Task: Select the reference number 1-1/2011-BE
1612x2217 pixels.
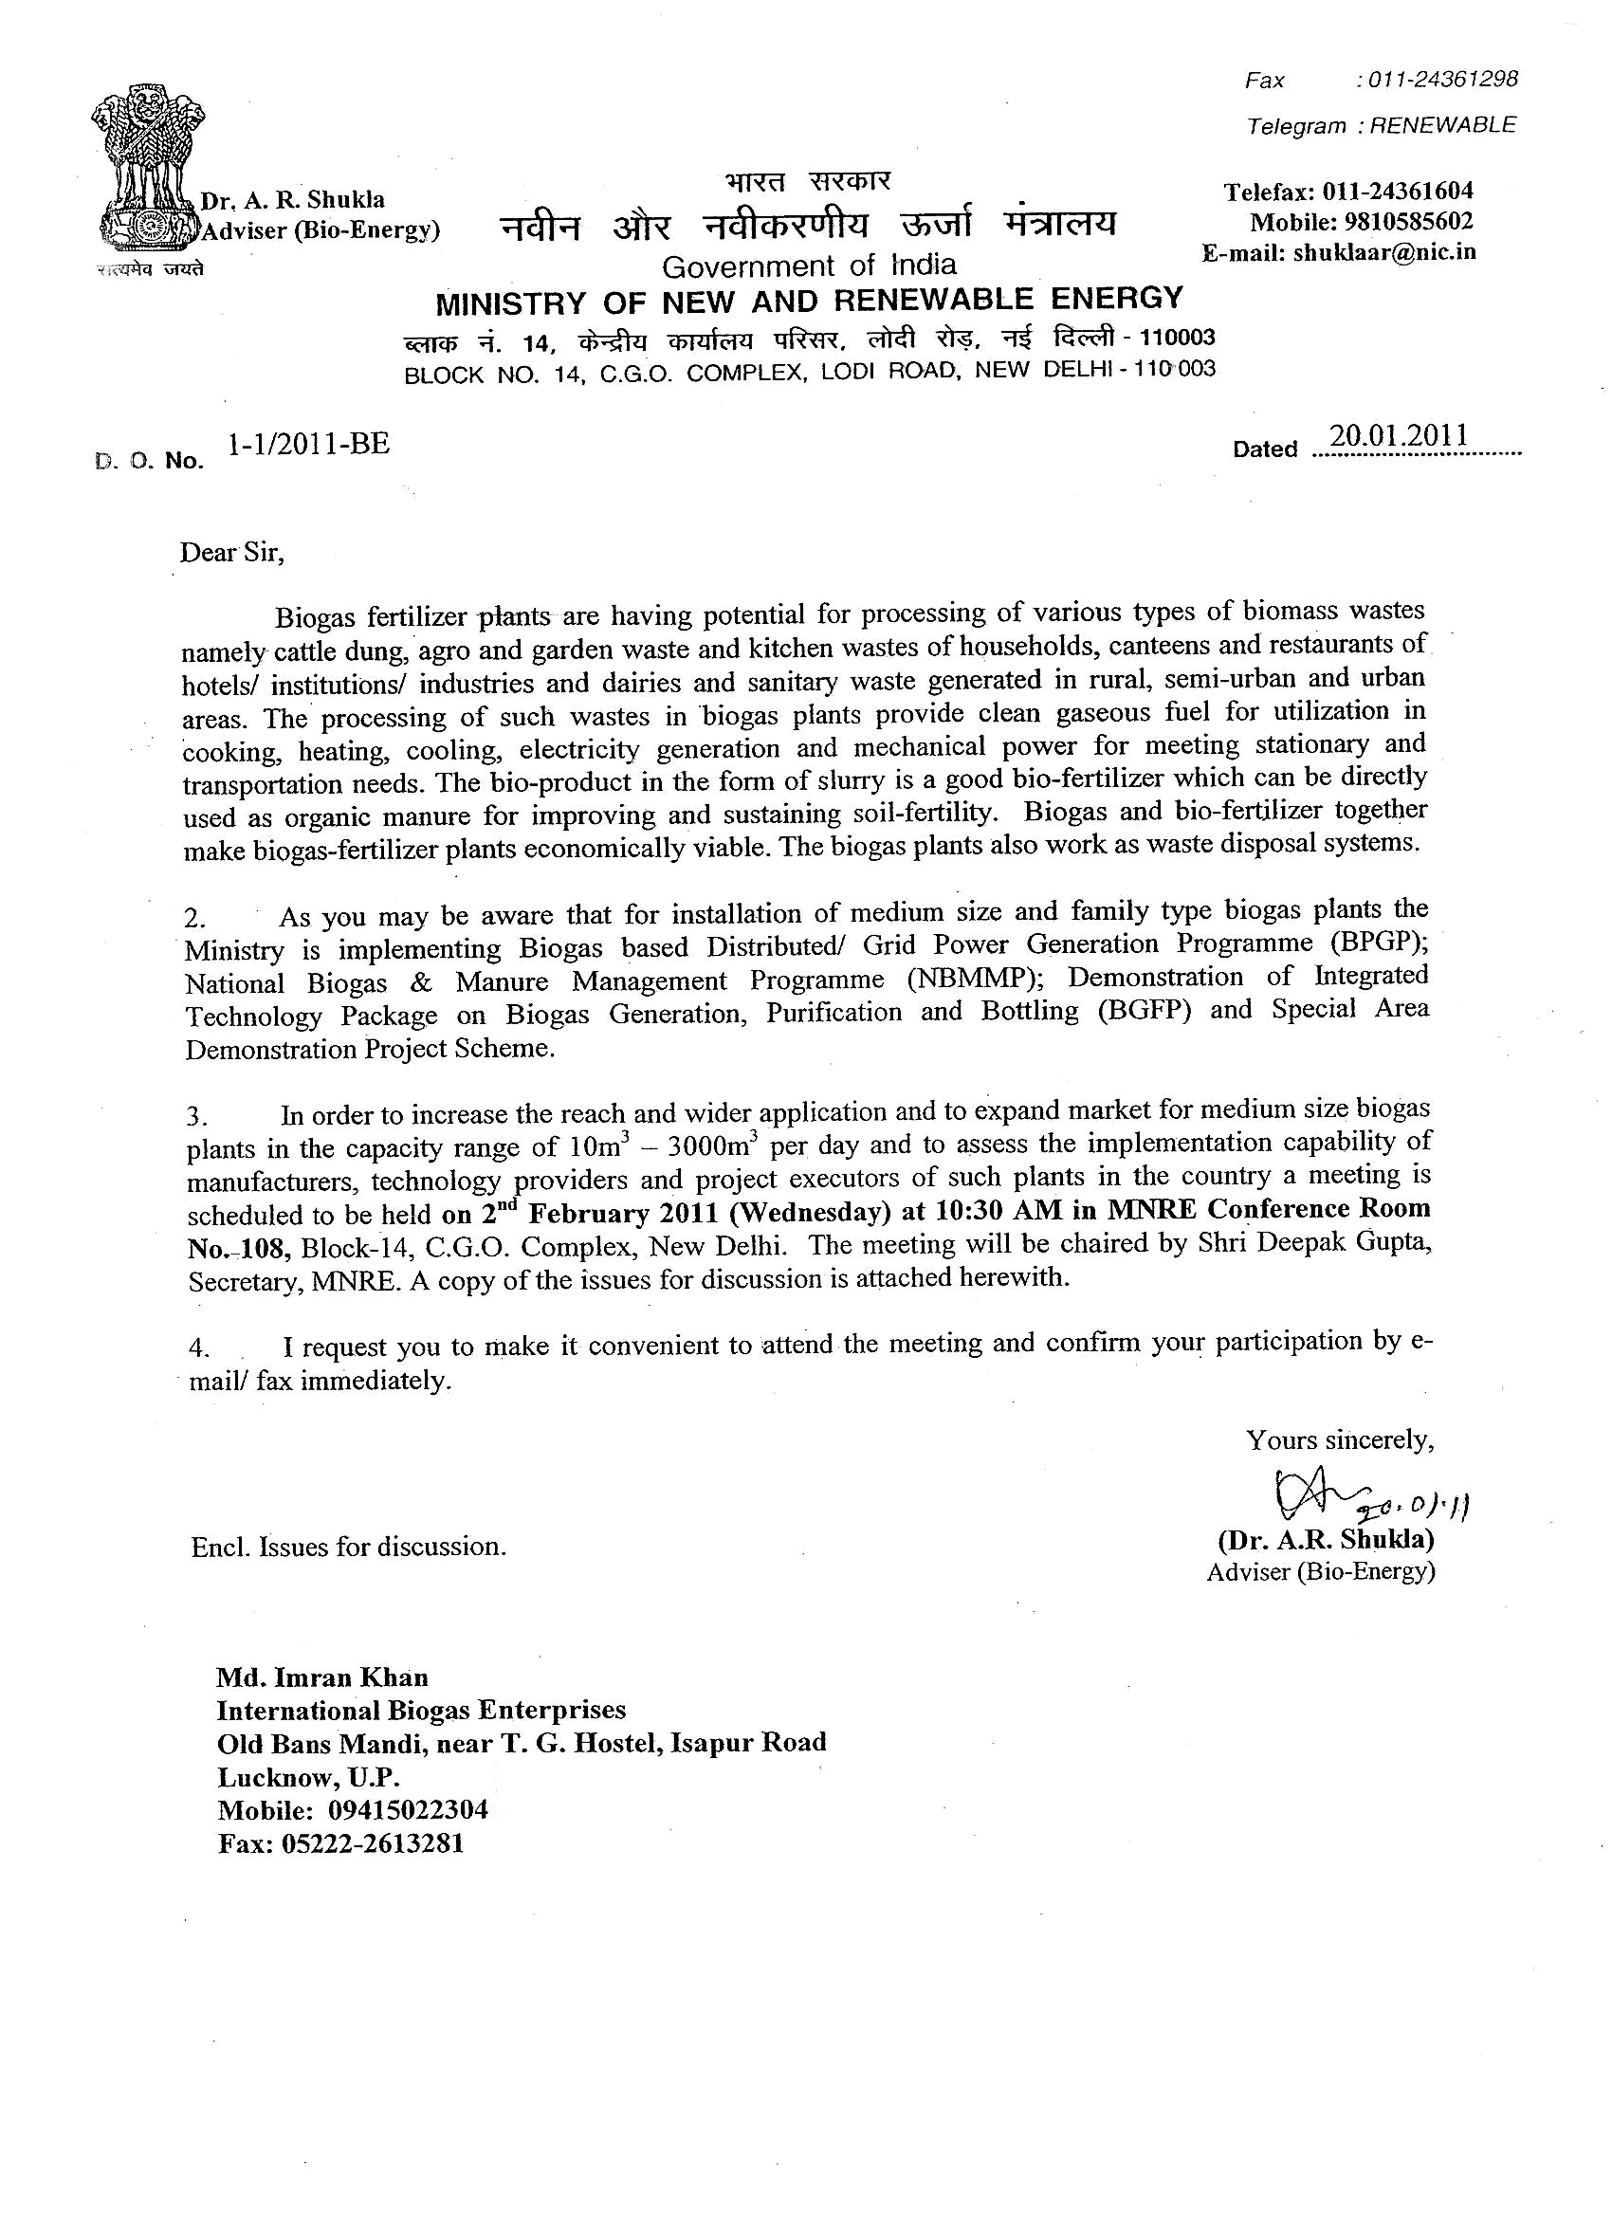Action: tap(308, 445)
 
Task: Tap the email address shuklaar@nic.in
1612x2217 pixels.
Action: tap(1384, 252)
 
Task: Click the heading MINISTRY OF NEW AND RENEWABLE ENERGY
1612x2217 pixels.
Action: tap(809, 300)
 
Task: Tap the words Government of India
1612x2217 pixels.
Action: tap(809, 266)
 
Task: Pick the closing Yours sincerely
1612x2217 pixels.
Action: tap(1339, 1439)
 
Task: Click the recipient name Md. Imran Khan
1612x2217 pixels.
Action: tap(322, 1678)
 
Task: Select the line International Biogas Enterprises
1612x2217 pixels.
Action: tap(421, 1711)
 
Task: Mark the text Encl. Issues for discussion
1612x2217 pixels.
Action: tap(349, 1547)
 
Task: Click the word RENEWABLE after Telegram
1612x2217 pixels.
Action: tap(1442, 125)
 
